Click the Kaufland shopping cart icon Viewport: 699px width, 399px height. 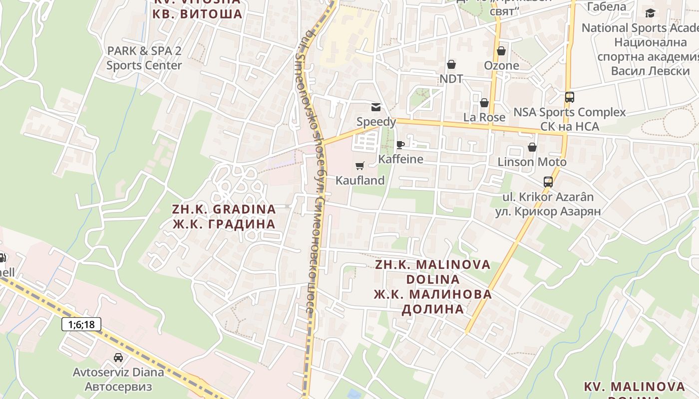(360, 166)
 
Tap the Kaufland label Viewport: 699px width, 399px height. (360, 181)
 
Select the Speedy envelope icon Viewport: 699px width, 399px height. (375, 107)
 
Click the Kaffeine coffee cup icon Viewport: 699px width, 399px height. (400, 145)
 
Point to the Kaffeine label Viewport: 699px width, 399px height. (400, 159)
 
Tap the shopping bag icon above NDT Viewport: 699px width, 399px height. (451, 64)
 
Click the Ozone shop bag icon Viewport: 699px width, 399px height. (501, 51)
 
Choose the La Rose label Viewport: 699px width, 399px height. (484, 117)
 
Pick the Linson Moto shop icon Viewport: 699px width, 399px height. (532, 147)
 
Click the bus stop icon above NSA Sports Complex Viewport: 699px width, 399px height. (570, 97)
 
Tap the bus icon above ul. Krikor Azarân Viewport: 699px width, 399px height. (548, 182)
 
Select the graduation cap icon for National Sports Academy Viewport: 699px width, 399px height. (650, 13)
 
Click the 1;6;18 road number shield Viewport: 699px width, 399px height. (81, 325)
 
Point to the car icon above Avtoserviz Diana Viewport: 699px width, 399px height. (118, 357)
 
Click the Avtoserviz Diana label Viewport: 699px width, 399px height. (118, 372)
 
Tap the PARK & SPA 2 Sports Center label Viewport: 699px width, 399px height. (144, 58)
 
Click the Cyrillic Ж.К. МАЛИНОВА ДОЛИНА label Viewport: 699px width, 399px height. (433, 301)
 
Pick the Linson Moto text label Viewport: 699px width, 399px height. (532, 162)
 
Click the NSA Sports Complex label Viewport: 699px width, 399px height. (569, 112)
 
